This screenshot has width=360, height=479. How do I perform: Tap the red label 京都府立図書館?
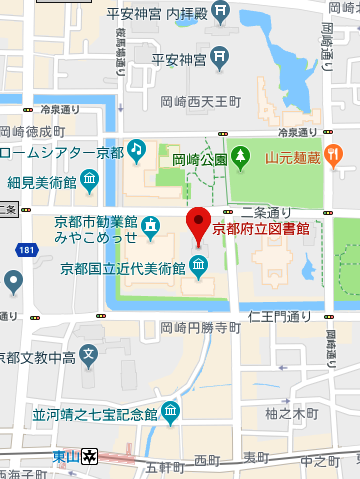[261, 229]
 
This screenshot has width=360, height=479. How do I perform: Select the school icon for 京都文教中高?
[89, 354]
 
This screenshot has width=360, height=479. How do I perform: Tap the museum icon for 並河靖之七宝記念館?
[170, 411]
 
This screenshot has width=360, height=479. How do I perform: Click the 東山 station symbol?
[90, 455]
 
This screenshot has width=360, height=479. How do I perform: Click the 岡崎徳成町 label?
[33, 131]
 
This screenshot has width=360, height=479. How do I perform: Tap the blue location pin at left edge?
[13, 281]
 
